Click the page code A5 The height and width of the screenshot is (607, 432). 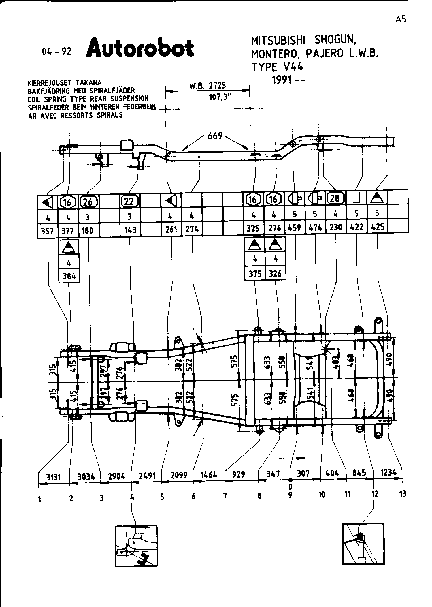[401, 19]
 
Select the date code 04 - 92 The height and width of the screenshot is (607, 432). [56, 52]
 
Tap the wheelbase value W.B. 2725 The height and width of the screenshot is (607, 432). [207, 86]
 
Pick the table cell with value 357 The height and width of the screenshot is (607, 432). [48, 231]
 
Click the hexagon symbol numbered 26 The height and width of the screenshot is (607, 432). [88, 202]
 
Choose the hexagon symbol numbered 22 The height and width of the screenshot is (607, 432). [129, 201]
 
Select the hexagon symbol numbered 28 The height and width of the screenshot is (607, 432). [336, 199]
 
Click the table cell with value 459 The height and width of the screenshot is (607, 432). [295, 228]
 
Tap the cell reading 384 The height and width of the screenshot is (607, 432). [69, 276]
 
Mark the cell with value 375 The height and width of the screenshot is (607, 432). [255, 273]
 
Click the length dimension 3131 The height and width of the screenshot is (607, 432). [54, 477]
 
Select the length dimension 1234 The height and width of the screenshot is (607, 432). [388, 473]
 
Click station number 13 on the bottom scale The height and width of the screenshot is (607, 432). [403, 494]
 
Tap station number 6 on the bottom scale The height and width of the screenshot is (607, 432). [193, 496]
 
